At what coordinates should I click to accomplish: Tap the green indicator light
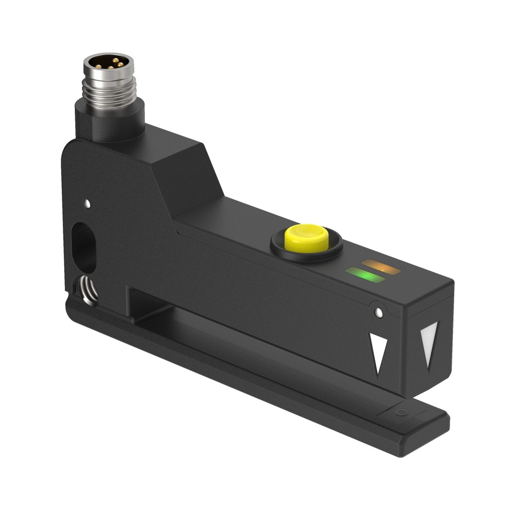365,275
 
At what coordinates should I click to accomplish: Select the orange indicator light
381,267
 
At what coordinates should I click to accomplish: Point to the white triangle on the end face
428,344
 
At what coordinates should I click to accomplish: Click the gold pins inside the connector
108,63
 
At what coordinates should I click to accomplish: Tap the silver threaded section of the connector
109,92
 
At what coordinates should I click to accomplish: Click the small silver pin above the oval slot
88,203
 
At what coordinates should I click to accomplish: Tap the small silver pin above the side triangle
379,312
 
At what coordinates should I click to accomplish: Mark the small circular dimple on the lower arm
401,412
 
